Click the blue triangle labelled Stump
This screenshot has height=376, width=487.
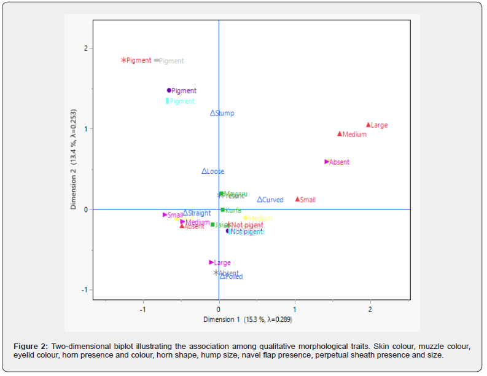pyautogui.click(x=212, y=113)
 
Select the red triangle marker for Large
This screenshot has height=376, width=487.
pyautogui.click(x=368, y=125)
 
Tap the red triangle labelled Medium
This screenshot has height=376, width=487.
pyautogui.click(x=340, y=134)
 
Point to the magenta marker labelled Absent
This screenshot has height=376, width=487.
pyautogui.click(x=327, y=162)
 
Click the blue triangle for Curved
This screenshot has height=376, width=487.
pyautogui.click(x=260, y=200)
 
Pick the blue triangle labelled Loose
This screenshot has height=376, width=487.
pyautogui.click(x=205, y=171)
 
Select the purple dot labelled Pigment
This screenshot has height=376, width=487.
pyautogui.click(x=169, y=90)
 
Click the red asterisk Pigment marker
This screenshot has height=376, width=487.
pyautogui.click(x=123, y=60)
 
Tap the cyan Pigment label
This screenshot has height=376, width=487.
pyautogui.click(x=182, y=101)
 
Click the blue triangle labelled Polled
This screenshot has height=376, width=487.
pyautogui.click(x=222, y=276)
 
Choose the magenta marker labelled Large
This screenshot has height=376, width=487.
pyautogui.click(x=211, y=262)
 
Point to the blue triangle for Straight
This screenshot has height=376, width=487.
pyautogui.click(x=185, y=213)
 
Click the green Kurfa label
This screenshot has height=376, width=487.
pyautogui.click(x=233, y=210)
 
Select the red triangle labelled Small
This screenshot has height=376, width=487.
pyautogui.click(x=297, y=199)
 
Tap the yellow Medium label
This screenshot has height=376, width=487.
pyautogui.click(x=260, y=218)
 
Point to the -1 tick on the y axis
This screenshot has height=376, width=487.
pyautogui.click(x=87, y=289)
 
